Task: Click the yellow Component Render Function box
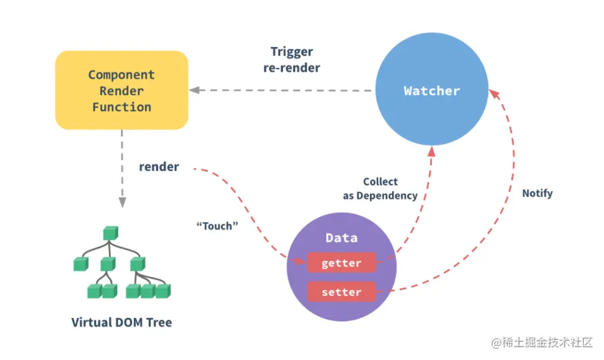[x=122, y=90]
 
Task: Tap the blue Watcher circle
[x=432, y=89]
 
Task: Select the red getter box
[x=341, y=263]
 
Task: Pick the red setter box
[x=341, y=292]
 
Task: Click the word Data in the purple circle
[x=341, y=238]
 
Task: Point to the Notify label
[x=537, y=193]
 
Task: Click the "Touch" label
[x=217, y=226]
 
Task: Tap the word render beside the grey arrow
[x=159, y=166]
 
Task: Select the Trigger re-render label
[x=292, y=60]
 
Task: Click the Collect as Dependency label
[x=380, y=189]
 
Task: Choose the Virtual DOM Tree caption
[x=122, y=323]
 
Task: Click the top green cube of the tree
[x=110, y=233]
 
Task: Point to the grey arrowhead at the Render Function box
[x=195, y=90]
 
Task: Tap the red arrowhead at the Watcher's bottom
[x=431, y=152]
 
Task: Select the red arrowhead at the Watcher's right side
[x=494, y=94]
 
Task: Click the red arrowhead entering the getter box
[x=301, y=261]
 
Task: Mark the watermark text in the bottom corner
[x=542, y=342]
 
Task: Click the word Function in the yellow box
[x=122, y=107]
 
